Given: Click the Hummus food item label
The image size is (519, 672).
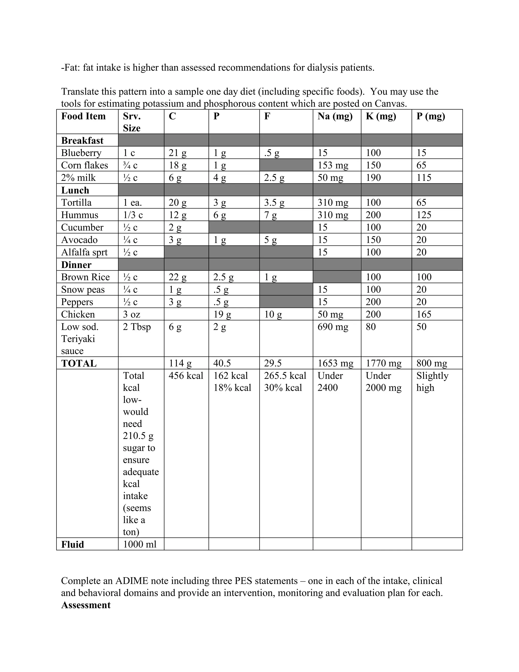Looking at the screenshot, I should tap(80, 215).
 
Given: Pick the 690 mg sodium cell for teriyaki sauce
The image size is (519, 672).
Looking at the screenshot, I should tap(333, 326).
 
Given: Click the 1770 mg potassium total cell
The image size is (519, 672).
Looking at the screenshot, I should tap(383, 363).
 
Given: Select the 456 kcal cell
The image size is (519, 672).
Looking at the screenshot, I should tap(186, 375).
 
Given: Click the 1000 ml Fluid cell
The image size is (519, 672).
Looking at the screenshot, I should tap(140, 544).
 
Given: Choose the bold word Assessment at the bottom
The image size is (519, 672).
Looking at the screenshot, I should tap(86, 605).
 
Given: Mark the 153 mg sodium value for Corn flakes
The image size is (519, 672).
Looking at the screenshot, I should tap(333, 165).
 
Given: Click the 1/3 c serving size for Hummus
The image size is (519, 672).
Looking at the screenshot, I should tap(133, 215).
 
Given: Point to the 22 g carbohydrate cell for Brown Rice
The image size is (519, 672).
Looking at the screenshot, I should tap(177, 277).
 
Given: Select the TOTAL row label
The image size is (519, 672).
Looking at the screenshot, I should tap(79, 363).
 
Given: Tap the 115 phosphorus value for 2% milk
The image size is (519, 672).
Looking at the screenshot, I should tap(424, 178).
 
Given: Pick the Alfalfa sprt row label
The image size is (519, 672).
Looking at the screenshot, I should tap(84, 252).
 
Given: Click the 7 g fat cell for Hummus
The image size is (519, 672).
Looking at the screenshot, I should tap(270, 215).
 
